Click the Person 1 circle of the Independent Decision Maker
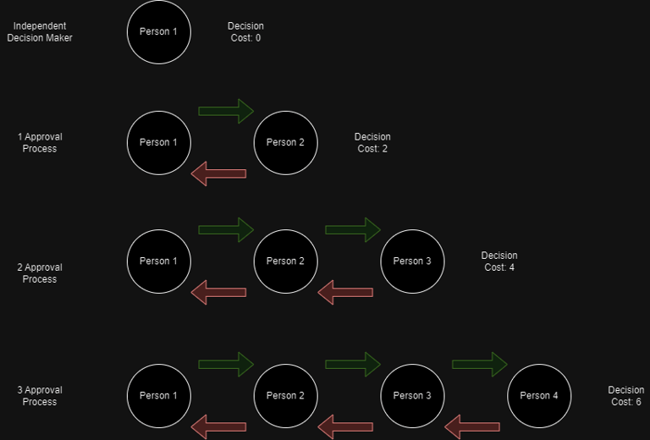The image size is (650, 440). click(159, 32)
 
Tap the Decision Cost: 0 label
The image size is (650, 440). click(245, 32)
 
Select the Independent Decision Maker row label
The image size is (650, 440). click(40, 32)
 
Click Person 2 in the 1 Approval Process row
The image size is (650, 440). click(285, 142)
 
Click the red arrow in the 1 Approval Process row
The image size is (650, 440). click(218, 173)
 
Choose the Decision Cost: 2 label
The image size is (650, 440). click(372, 142)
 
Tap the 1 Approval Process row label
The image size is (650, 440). click(40, 142)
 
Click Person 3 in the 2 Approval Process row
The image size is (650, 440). click(412, 261)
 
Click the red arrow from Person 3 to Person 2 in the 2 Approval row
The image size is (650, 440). click(345, 292)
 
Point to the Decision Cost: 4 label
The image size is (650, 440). click(499, 261)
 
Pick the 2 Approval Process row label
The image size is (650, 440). click(40, 273)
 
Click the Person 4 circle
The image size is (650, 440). click(539, 395)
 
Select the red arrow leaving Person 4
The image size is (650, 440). click(472, 426)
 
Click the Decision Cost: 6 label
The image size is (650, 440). click(626, 395)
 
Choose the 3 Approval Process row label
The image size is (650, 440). click(40, 395)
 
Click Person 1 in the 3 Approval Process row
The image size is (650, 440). click(159, 395)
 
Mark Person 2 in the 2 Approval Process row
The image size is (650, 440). click(285, 261)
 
